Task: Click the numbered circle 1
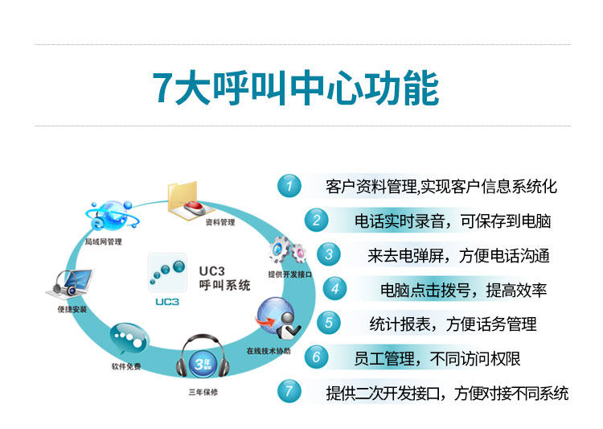coord(289,187)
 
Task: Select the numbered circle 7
coord(289,392)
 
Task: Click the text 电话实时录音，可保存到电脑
coord(453,221)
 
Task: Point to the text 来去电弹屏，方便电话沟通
coord(458,256)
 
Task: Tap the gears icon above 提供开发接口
coord(287,250)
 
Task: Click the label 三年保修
coord(203,392)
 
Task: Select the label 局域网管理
coord(104,241)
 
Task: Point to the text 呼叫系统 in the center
coord(224,285)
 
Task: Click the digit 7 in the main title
coord(163,88)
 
